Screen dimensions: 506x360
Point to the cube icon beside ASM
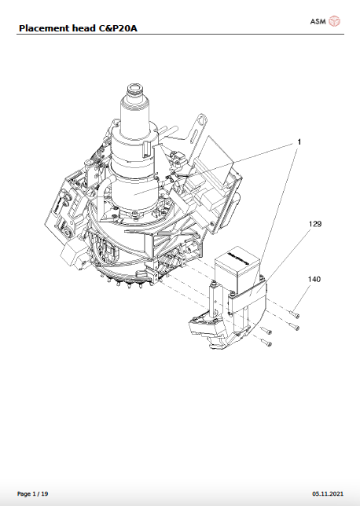[335, 20]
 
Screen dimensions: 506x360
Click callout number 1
[299, 142]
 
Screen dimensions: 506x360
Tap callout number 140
[314, 279]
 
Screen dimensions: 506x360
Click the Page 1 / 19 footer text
[32, 493]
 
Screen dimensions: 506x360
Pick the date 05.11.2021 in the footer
[327, 493]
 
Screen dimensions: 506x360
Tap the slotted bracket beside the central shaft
[197, 130]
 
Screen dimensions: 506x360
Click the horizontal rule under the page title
[180, 35]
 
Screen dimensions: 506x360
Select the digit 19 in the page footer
[44, 493]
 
